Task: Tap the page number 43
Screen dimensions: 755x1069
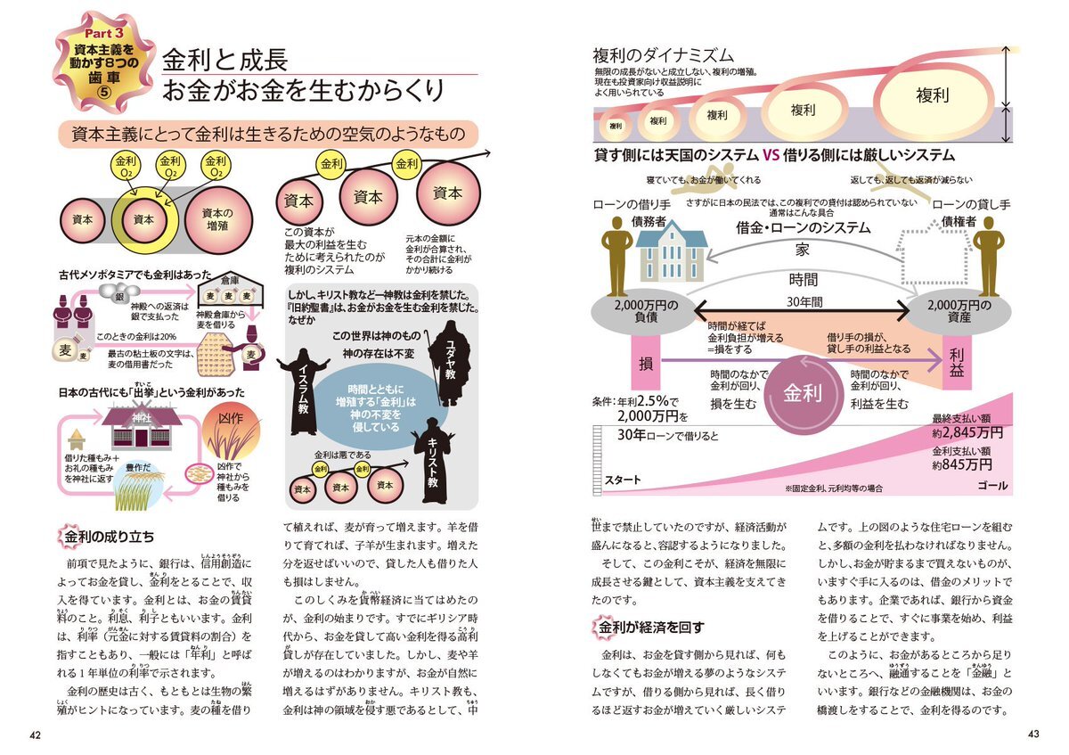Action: coord(1033,734)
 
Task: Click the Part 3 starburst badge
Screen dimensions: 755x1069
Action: coord(93,63)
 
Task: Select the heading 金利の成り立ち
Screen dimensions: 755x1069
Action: coord(109,537)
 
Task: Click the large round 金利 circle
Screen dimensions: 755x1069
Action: coord(802,393)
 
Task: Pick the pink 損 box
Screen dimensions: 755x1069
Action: coord(648,363)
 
